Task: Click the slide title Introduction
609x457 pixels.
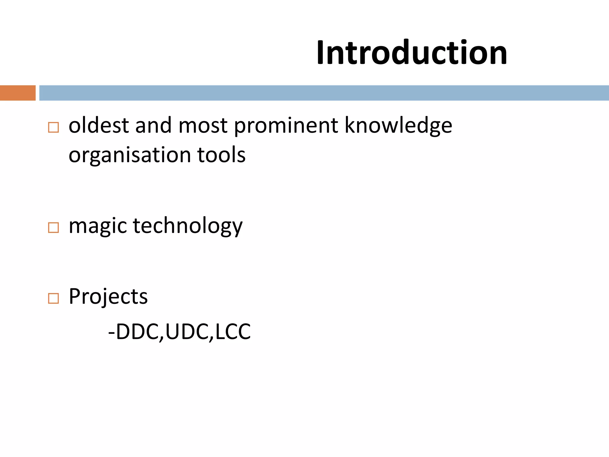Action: pyautogui.click(x=412, y=53)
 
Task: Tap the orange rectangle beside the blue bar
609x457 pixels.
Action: pyautogui.click(x=18, y=93)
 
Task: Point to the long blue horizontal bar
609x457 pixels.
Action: pyautogui.click(x=324, y=93)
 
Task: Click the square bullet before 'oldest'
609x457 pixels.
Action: pyautogui.click(x=53, y=127)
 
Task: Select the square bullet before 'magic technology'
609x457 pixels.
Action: pyautogui.click(x=53, y=228)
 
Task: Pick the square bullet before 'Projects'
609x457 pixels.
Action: pyautogui.click(x=53, y=298)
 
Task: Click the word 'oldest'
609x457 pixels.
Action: pyautogui.click(x=99, y=125)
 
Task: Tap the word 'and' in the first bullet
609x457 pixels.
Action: pyautogui.click(x=153, y=125)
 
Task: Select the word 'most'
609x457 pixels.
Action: pyautogui.click(x=203, y=125)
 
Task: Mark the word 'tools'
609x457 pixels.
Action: pyautogui.click(x=221, y=155)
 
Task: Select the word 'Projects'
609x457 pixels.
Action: pyautogui.click(x=108, y=297)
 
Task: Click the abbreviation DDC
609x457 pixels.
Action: pyautogui.click(x=137, y=332)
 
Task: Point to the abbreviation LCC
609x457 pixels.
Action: pyautogui.click(x=233, y=332)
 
